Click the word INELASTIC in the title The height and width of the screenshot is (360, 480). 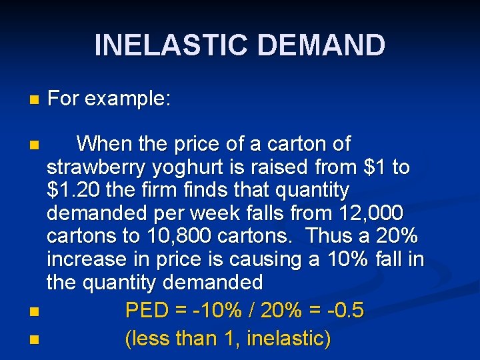click(x=172, y=45)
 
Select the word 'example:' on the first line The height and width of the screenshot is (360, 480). click(x=128, y=99)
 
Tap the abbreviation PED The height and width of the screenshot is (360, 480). click(x=147, y=311)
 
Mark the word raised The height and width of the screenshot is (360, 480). click(x=277, y=167)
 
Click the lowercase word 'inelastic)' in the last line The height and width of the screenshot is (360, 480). click(x=289, y=339)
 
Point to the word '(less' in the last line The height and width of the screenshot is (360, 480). click(x=147, y=339)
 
